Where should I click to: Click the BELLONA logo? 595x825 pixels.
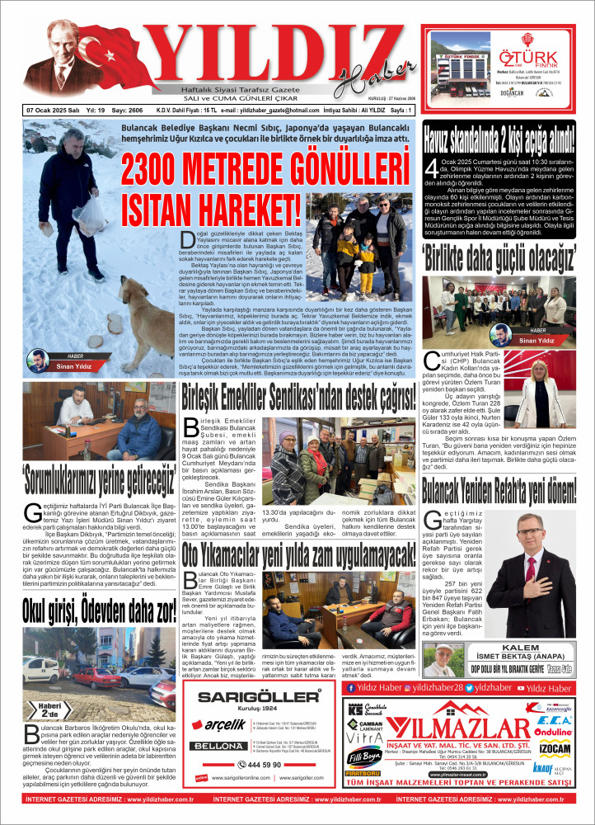[x=215, y=746]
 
